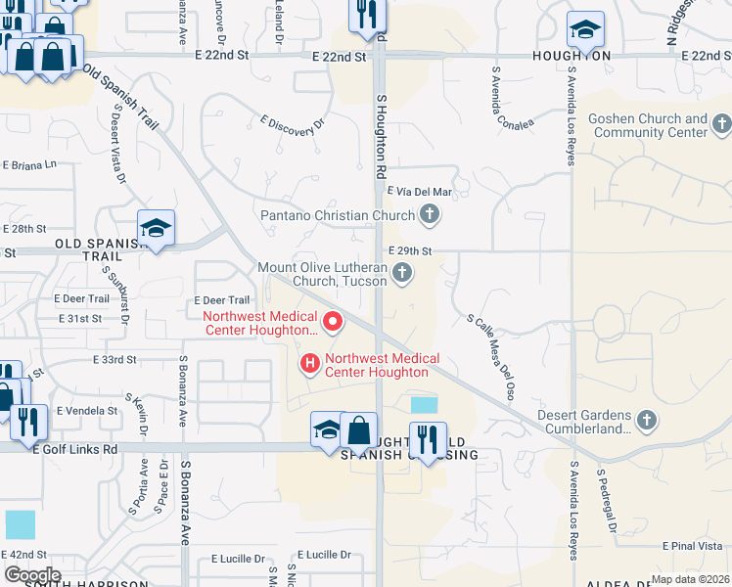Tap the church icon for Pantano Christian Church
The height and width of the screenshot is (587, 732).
(x=429, y=214)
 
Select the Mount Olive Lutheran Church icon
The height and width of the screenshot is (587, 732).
(x=403, y=275)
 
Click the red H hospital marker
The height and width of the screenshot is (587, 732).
(x=310, y=365)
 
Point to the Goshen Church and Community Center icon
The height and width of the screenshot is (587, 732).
(x=722, y=124)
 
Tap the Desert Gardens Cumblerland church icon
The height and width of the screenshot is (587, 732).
(x=645, y=421)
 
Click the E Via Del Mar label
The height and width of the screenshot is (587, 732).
(x=420, y=192)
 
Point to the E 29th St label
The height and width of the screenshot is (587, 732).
(x=410, y=251)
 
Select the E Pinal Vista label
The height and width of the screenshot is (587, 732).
(x=692, y=546)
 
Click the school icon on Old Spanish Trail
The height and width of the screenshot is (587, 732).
(x=156, y=229)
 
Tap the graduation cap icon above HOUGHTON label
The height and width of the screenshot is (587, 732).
(x=585, y=30)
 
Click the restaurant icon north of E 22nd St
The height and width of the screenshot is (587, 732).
(x=368, y=14)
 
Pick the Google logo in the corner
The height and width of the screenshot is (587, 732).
(x=33, y=575)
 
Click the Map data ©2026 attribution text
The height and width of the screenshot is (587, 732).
(x=690, y=579)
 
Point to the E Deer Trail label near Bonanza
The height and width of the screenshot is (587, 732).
(x=223, y=300)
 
